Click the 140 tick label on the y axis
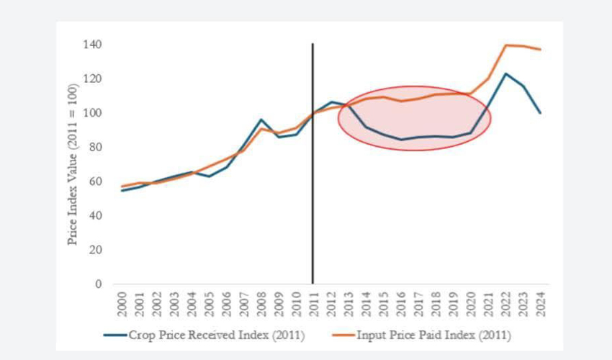tap(91, 45)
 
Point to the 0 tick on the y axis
tap(98, 284)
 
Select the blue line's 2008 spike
tap(261, 120)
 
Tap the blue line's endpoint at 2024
tap(540, 112)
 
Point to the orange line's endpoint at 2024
tap(540, 49)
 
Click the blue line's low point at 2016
tap(400, 140)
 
